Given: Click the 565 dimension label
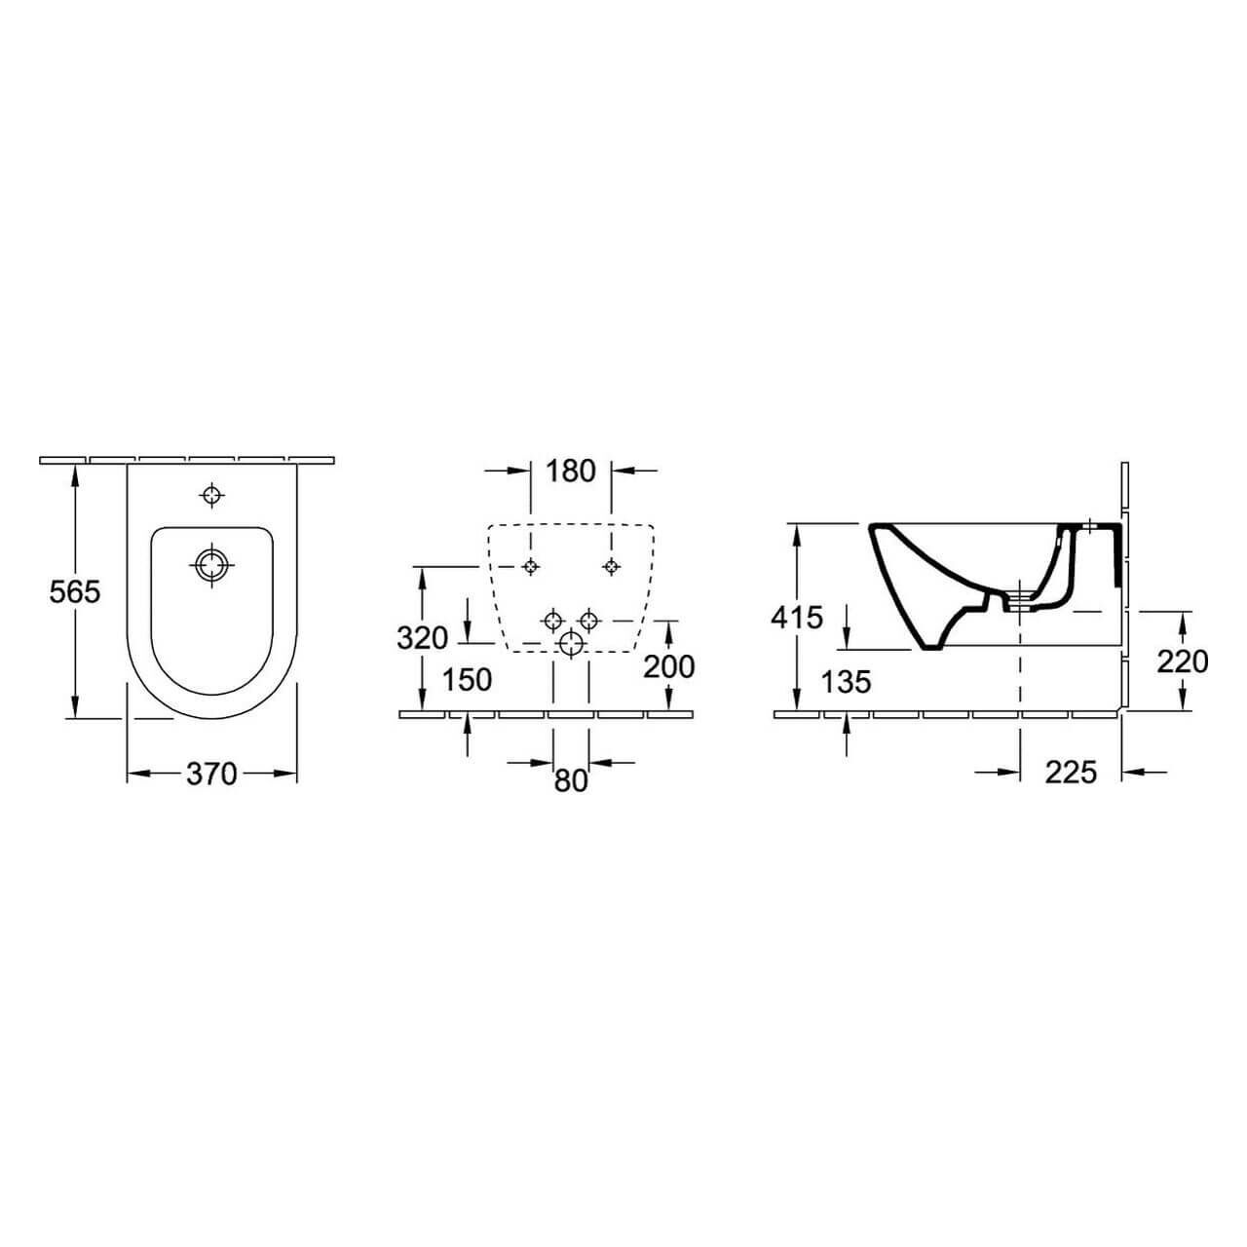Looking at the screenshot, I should (75, 591).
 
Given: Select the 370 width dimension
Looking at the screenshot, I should (211, 774).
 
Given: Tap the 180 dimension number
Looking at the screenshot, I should (570, 471).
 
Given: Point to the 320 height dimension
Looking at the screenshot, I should (422, 638).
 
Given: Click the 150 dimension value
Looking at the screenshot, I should (468, 679).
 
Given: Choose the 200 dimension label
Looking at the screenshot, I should (669, 666).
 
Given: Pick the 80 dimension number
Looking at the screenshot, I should (571, 780).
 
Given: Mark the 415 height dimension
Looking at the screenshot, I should (797, 617).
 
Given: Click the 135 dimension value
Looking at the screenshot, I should (845, 681).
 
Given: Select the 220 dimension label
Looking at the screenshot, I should (1183, 661).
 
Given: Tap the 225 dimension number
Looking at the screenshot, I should (1071, 773).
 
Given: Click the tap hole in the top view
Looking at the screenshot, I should (211, 495).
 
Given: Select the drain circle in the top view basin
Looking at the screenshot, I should (211, 564).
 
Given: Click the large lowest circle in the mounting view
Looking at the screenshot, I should (571, 643).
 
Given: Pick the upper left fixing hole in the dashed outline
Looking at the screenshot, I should (531, 567).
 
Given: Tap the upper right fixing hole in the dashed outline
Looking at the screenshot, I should (611, 567).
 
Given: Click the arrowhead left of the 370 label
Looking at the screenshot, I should (137, 774).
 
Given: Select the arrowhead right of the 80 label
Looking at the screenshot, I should (598, 763).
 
